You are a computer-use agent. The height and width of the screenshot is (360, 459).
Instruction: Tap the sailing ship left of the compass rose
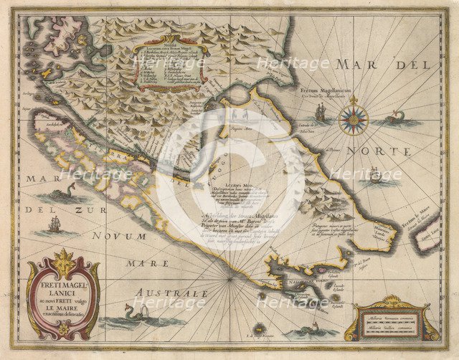[x=320, y=113]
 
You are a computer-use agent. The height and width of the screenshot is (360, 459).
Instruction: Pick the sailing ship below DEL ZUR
[x=55, y=224]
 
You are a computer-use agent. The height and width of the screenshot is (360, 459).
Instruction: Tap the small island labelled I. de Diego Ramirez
[x=258, y=330]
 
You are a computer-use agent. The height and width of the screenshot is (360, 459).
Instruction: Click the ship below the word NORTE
[x=373, y=176]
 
